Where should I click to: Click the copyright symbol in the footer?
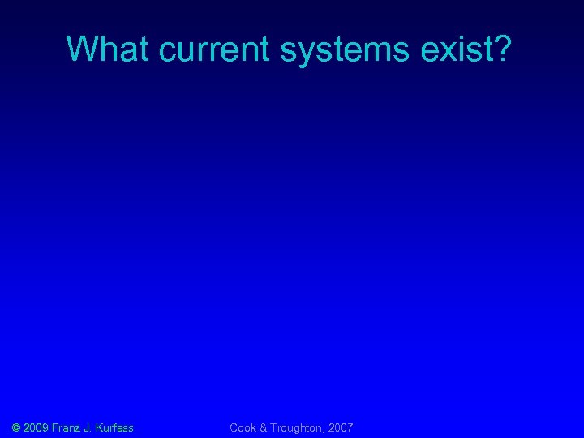(15, 427)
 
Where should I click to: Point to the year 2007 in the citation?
(340, 427)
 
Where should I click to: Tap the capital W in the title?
(80, 49)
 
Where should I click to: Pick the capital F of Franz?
(55, 427)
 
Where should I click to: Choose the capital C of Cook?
(234, 427)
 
